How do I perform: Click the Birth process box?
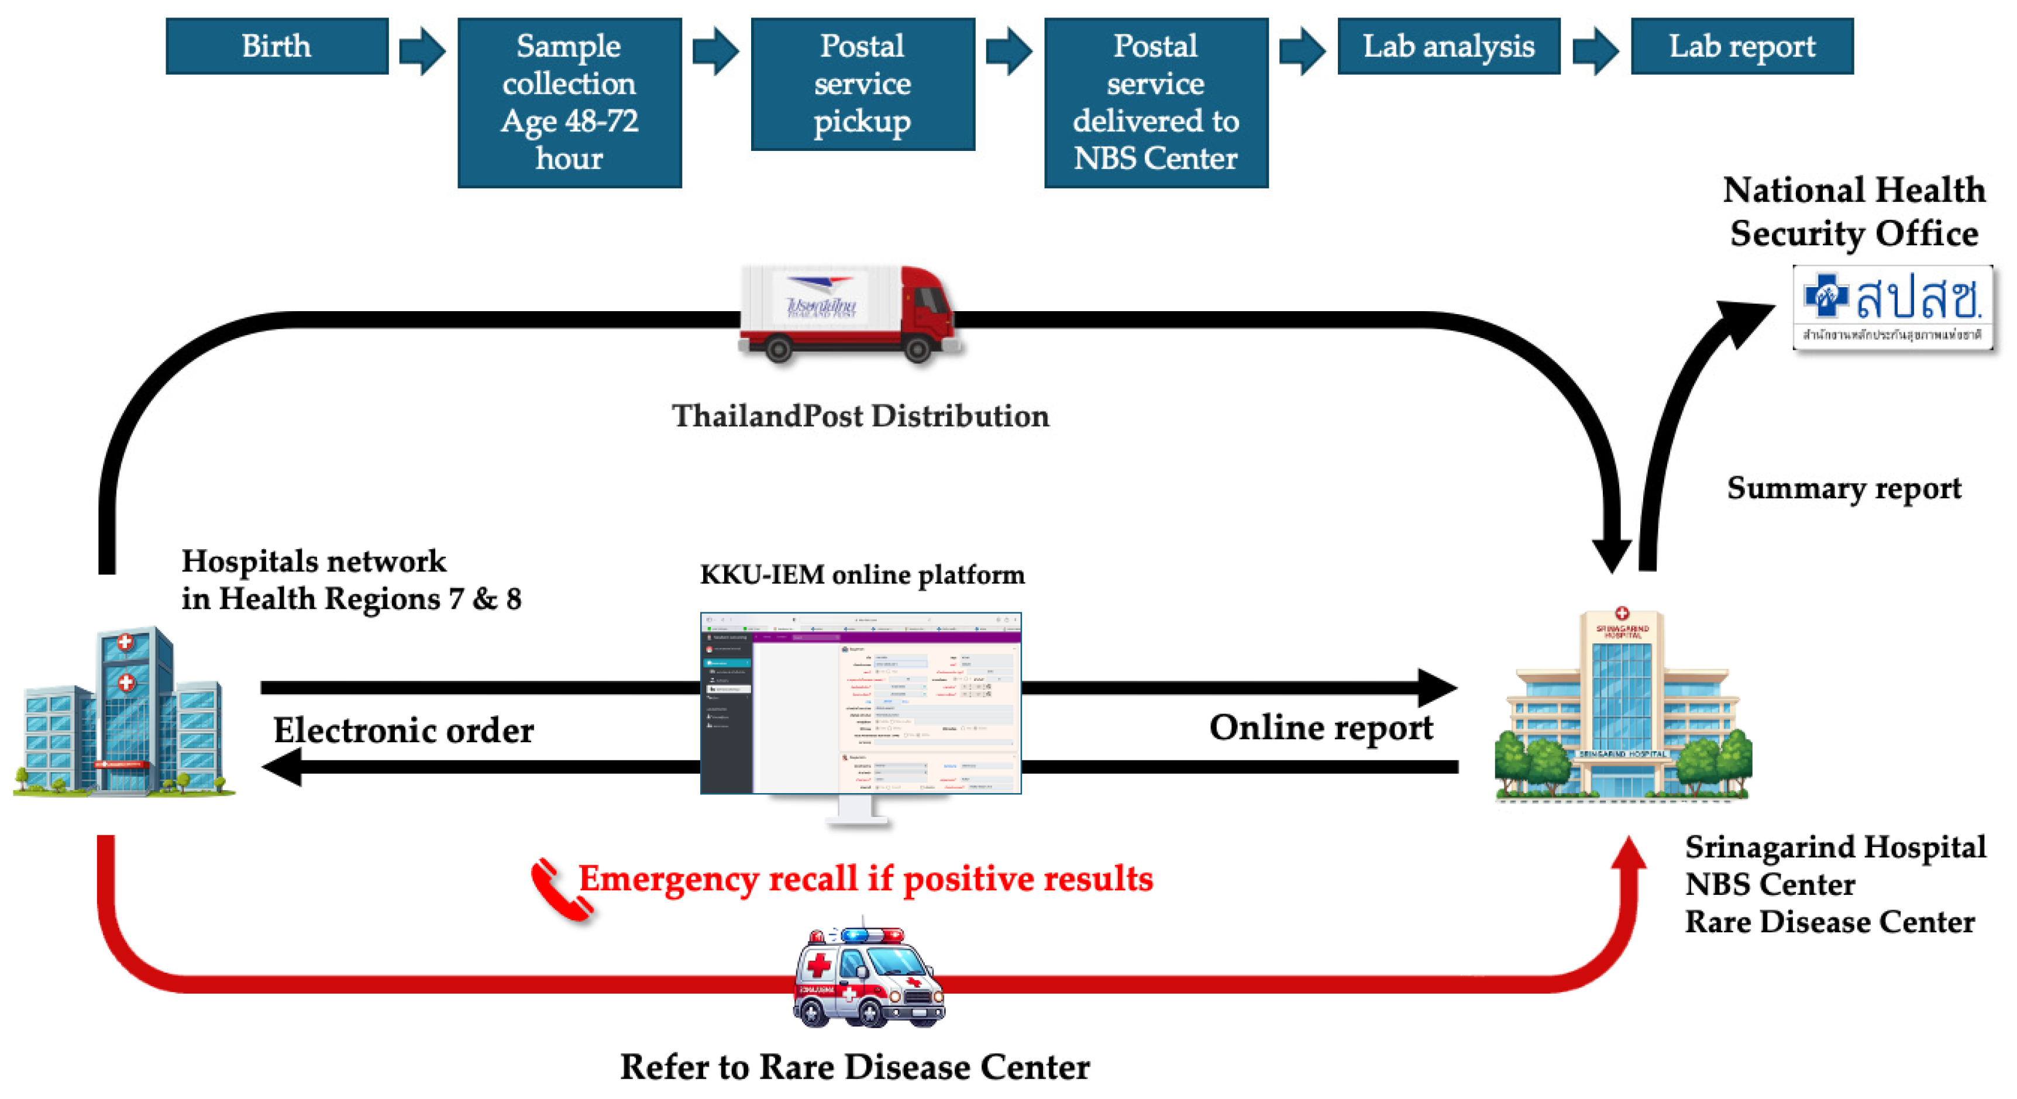click(x=276, y=46)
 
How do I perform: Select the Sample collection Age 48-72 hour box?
click(x=569, y=102)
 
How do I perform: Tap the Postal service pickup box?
click(x=862, y=84)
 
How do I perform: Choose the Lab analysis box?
click(x=1448, y=46)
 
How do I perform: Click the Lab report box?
click(x=1741, y=46)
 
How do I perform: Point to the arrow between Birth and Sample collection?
click(x=422, y=51)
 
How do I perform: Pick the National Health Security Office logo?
click(x=1892, y=308)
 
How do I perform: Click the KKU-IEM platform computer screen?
click(x=860, y=703)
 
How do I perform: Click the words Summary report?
click(x=1843, y=488)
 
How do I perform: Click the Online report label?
click(x=1321, y=727)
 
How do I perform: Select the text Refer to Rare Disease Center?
click(x=854, y=1067)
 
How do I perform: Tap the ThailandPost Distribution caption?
click(x=860, y=416)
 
